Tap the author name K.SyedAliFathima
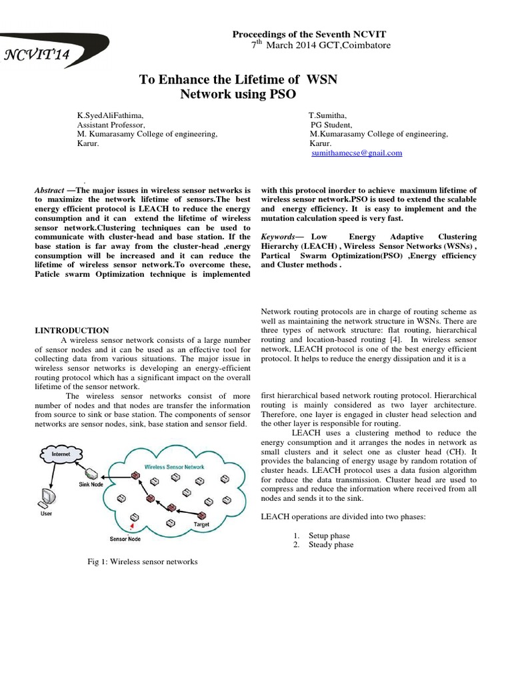click(110, 115)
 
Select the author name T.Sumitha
click(327, 115)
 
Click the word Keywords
click(277, 237)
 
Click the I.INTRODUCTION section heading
click(71, 330)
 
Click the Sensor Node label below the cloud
click(125, 538)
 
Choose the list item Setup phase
click(329, 536)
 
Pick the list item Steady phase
click(331, 545)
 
